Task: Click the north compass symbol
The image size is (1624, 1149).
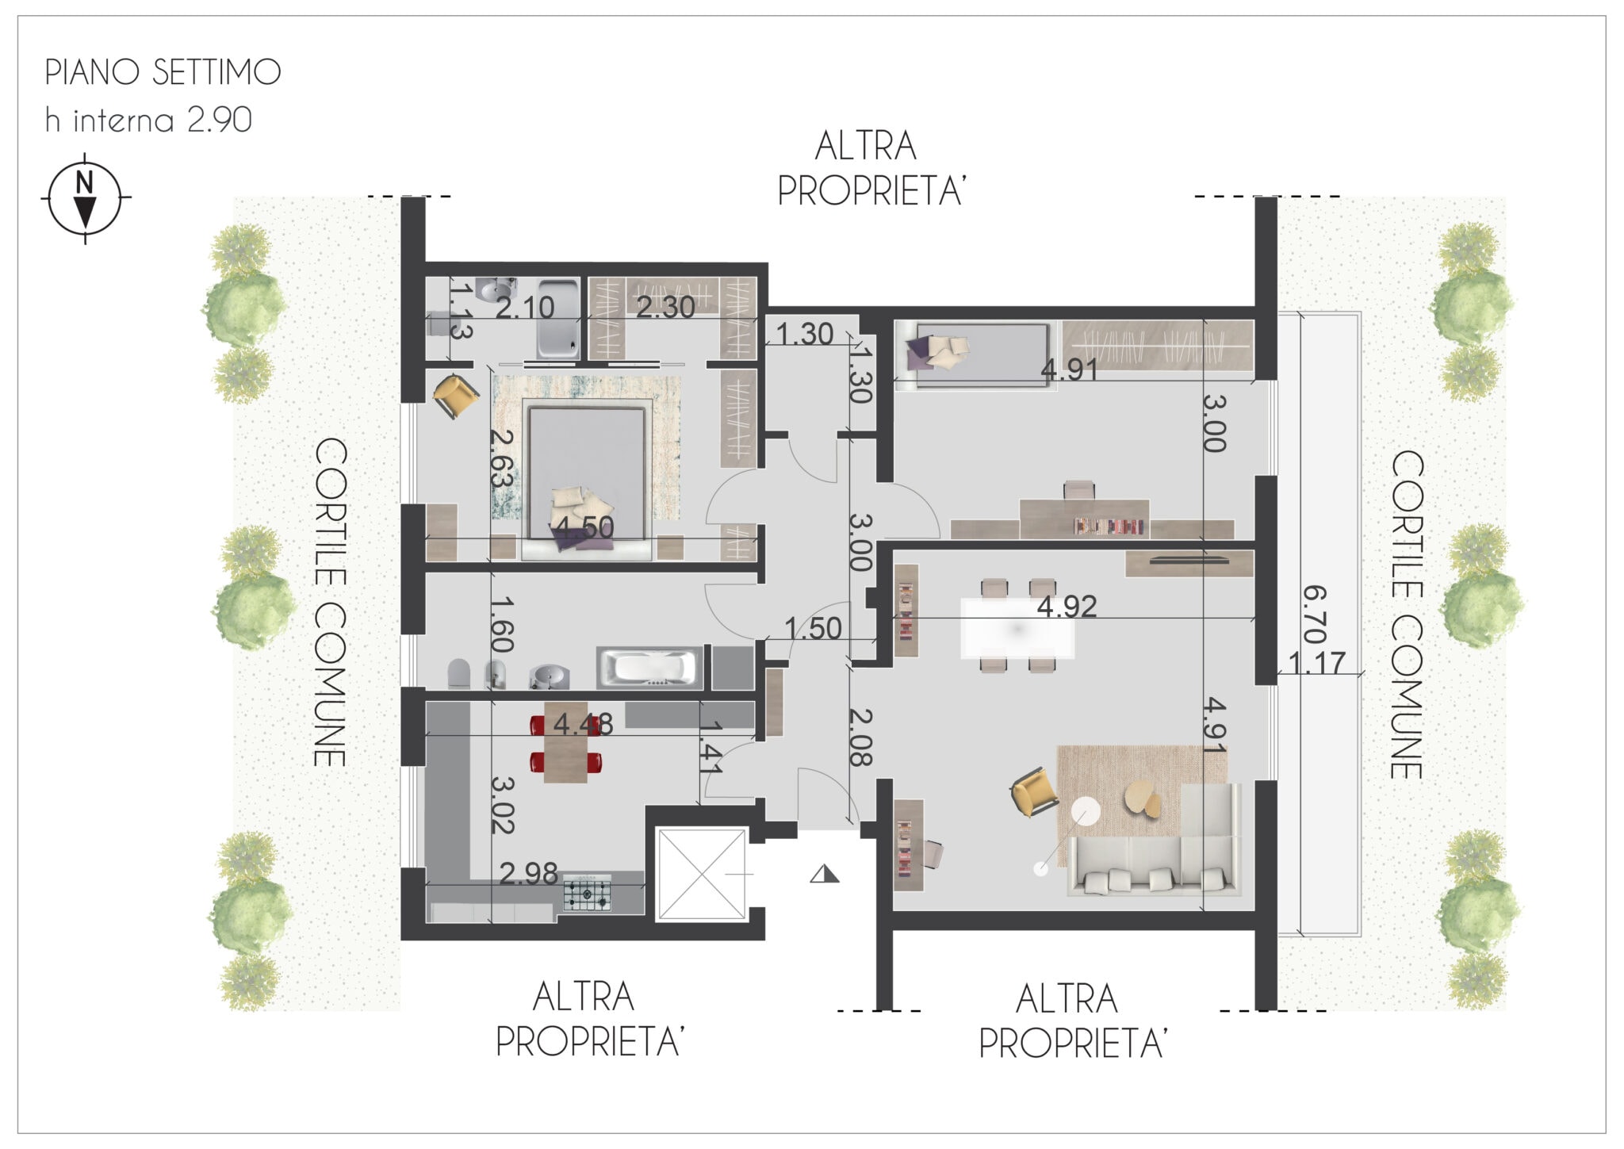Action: (86, 197)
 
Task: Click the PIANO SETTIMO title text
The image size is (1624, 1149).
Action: (163, 72)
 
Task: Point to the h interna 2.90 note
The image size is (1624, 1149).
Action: (148, 120)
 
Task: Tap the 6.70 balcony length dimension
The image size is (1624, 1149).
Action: (1314, 615)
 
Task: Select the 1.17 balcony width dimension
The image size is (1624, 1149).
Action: (1317, 662)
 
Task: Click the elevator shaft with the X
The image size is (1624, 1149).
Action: (702, 875)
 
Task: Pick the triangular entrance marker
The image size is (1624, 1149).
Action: (825, 874)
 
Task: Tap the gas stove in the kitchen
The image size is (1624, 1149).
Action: (588, 894)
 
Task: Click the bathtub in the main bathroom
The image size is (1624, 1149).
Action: (649, 668)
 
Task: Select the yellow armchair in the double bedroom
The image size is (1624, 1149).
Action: (455, 395)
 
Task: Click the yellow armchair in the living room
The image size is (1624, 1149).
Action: (1035, 791)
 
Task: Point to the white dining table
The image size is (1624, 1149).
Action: (1017, 629)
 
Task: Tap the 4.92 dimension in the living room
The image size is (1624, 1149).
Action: (1067, 607)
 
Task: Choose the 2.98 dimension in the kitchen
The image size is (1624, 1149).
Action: (529, 873)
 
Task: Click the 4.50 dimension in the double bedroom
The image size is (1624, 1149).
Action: (584, 527)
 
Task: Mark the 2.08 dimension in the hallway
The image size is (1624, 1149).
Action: (860, 737)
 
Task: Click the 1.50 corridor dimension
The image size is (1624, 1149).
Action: (813, 629)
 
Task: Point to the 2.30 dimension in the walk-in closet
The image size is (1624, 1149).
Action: (666, 307)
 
